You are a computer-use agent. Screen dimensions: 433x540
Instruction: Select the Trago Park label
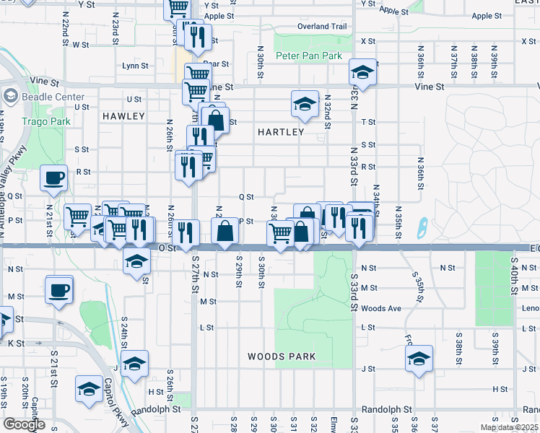[x=46, y=122]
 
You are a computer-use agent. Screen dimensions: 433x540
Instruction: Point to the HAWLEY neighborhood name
[x=123, y=115]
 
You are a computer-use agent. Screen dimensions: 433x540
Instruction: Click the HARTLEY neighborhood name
[x=281, y=132]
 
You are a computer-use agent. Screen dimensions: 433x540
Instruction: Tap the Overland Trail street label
[x=322, y=27]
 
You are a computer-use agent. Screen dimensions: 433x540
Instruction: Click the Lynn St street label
[x=135, y=65]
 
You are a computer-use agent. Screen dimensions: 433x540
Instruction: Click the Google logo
[x=24, y=424]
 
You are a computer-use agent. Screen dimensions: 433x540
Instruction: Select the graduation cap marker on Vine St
[x=362, y=71]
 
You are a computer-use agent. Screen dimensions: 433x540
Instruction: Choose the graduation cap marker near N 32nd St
[x=305, y=104]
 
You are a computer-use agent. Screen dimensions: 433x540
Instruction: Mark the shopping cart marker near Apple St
[x=178, y=9]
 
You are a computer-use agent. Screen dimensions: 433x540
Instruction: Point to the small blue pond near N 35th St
[x=422, y=229]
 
